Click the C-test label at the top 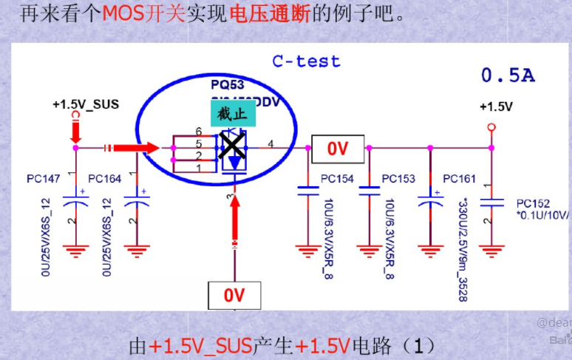point(306,61)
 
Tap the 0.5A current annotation point(508,75)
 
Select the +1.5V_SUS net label point(86,105)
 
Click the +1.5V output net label point(496,106)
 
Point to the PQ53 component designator point(228,85)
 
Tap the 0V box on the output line point(338,149)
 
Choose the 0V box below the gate point(234,296)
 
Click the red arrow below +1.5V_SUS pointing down point(75,132)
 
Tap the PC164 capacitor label point(104,179)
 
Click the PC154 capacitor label point(337,179)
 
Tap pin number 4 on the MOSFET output point(270,143)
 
